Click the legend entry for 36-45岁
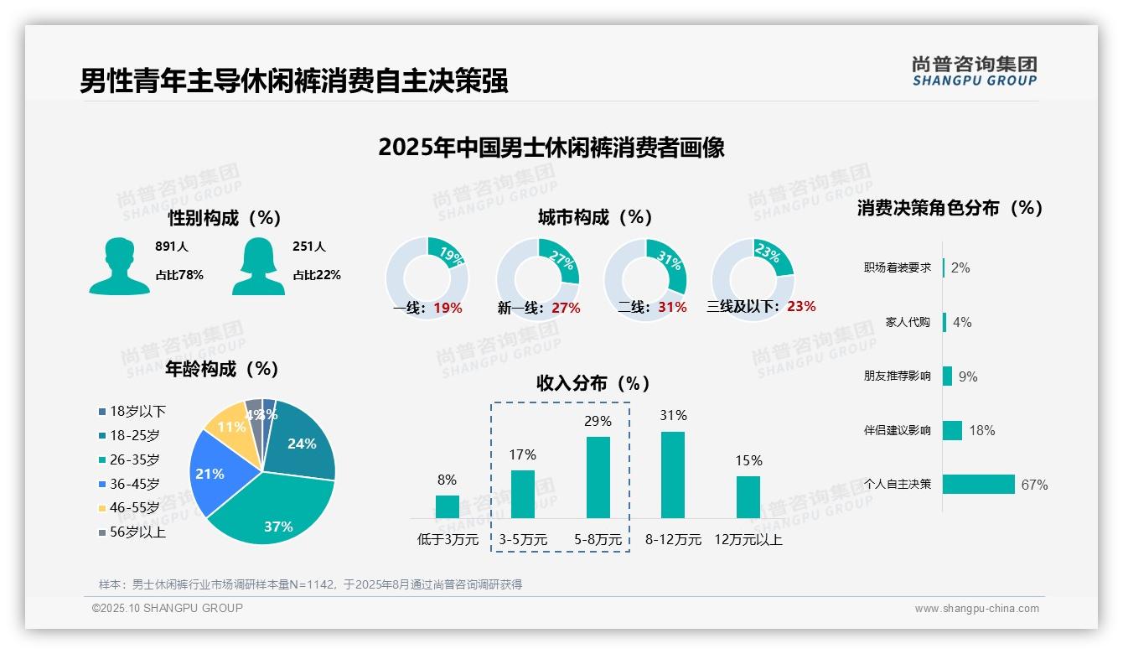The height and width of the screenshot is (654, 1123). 133,484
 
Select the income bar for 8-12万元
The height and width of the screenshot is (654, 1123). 672,475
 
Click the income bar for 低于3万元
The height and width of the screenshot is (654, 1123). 447,506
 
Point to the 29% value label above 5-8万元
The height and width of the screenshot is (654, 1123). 598,421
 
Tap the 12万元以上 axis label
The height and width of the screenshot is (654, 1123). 748,540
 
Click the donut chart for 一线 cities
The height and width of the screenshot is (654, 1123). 427,278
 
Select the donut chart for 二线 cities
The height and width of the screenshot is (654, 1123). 645,278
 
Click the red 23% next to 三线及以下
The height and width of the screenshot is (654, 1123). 801,307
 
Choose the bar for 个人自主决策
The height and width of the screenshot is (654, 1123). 978,485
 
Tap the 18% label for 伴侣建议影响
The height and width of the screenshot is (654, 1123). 981,430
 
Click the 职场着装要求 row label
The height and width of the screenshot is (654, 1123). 897,268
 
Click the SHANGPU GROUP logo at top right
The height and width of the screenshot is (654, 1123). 974,71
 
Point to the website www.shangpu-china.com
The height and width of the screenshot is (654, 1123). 976,609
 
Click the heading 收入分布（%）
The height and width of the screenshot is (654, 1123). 593,384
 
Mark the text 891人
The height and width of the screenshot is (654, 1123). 172,247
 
